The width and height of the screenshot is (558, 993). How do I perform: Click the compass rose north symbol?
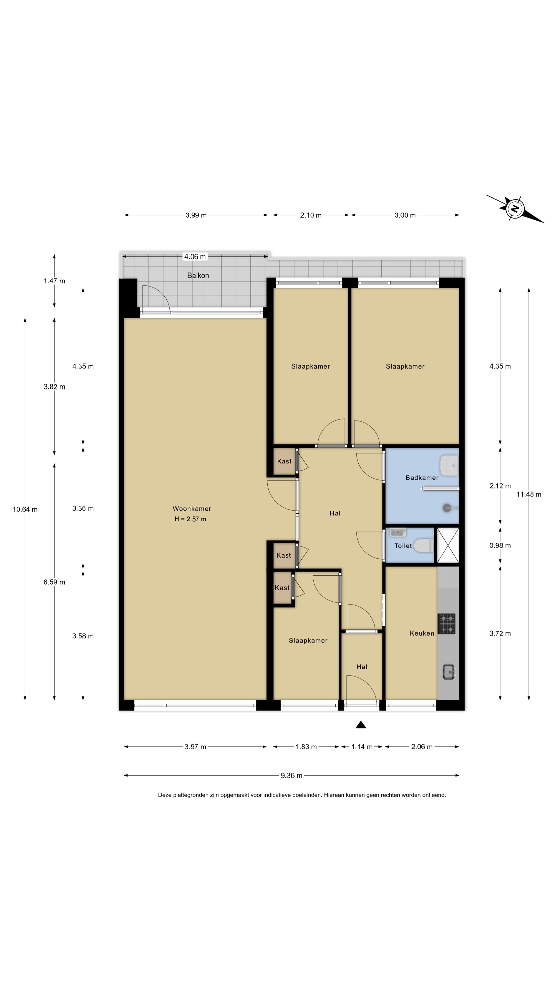pos(515,208)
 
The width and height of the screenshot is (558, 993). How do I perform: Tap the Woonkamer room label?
pos(192,508)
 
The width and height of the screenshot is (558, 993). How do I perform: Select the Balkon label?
pos(198,275)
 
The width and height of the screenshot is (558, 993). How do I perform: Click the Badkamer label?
pos(422,478)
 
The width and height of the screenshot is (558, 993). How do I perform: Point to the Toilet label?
pos(403,545)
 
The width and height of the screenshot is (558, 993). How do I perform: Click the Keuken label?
pos(422,633)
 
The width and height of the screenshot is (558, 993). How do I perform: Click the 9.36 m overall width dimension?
pos(291,775)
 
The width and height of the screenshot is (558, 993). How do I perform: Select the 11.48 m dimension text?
pos(529,494)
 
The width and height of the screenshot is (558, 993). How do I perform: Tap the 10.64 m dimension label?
pos(25,509)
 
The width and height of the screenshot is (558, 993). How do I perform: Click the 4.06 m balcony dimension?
pos(195,256)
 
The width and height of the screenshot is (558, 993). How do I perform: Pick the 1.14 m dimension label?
pos(362,747)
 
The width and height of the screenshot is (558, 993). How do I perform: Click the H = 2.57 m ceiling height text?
pos(190,519)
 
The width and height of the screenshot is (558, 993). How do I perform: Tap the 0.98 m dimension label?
pos(500,545)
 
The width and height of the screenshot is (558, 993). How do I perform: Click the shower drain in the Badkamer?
pos(447,508)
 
